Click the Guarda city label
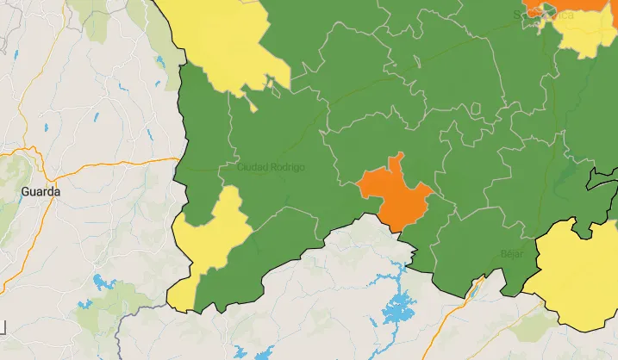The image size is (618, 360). pyautogui.click(x=41, y=191)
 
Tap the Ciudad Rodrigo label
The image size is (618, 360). pyautogui.click(x=271, y=166)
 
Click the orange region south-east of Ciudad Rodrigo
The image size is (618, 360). pyautogui.click(x=396, y=194)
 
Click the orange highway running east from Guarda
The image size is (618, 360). pyautogui.click(x=121, y=164)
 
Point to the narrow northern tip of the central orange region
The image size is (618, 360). pyautogui.click(x=396, y=159)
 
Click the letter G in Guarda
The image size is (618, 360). pyautogui.click(x=26, y=191)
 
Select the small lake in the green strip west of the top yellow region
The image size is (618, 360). pyautogui.click(x=160, y=62)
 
